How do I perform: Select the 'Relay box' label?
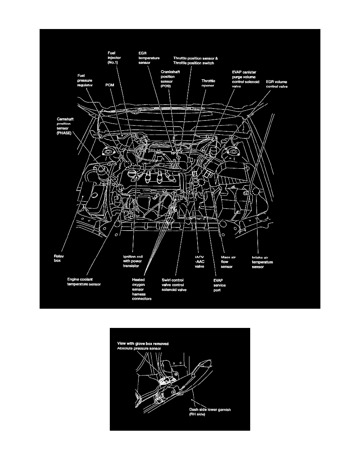pyautogui.click(x=60, y=257)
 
